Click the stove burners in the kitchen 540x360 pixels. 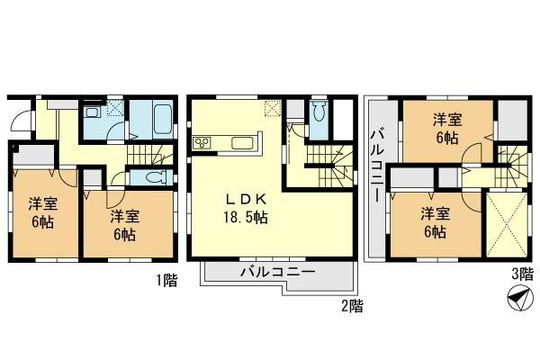click(x=202, y=141)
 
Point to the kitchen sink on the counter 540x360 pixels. click(x=243, y=142)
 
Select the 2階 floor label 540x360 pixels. click(x=351, y=306)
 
